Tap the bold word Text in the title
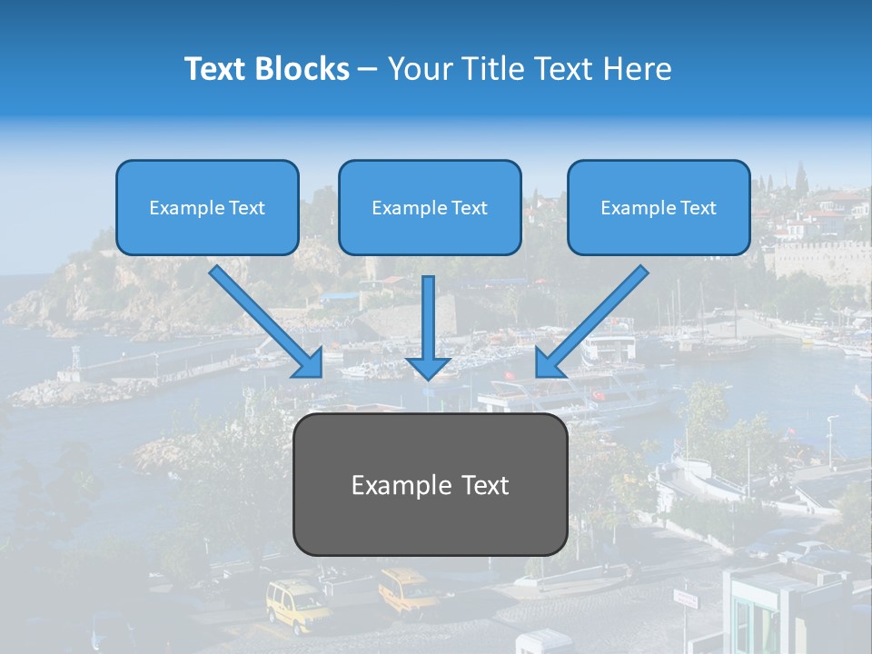click(x=217, y=69)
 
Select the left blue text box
click(x=207, y=207)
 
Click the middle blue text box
click(x=430, y=207)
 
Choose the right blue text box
click(x=659, y=207)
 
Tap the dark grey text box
click(x=430, y=484)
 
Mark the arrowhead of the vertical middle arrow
click(x=429, y=367)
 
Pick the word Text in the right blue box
click(x=698, y=208)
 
